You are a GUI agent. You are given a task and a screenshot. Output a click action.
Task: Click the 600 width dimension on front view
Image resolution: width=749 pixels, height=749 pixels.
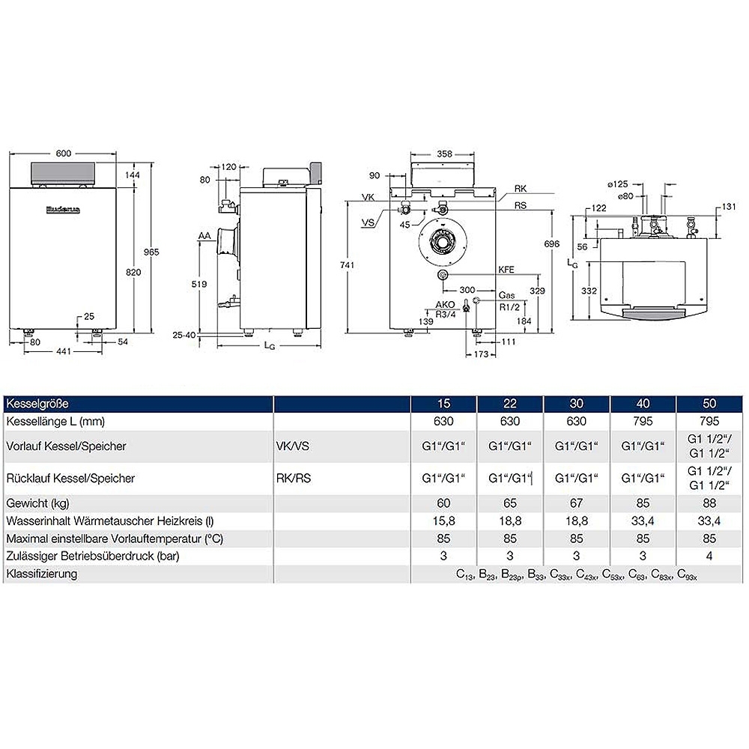coord(64,154)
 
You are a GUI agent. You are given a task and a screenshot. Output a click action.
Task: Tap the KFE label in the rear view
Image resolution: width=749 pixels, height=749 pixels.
coord(507,269)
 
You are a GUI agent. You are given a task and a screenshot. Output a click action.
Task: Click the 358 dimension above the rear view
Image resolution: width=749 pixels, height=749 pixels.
coord(444,154)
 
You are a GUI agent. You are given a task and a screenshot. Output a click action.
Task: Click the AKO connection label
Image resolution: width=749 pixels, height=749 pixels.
coord(446,305)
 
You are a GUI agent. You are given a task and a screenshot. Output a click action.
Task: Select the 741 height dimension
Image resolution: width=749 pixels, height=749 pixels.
coord(345,265)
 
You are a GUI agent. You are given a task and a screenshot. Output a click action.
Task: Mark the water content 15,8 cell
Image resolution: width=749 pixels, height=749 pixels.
coord(443,521)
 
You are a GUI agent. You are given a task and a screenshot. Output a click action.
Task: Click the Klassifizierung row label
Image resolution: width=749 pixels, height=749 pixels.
coord(41,574)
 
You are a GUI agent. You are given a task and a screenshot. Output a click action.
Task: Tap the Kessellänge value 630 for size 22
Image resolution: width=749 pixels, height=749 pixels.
coord(507,422)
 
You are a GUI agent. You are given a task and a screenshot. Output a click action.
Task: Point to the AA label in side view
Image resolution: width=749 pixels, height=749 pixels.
coord(203,236)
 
